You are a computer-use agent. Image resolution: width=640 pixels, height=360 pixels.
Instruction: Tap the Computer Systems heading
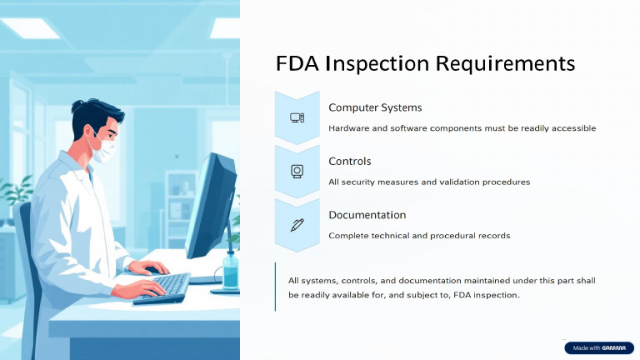(375, 107)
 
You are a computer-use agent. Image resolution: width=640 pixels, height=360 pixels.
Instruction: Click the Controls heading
(350, 161)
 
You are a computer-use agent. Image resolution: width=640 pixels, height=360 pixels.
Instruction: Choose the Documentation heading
(367, 215)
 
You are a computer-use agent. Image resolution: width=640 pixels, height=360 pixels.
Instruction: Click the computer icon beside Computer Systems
(297, 117)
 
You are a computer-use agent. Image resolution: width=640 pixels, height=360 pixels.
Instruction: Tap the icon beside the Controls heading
(297, 171)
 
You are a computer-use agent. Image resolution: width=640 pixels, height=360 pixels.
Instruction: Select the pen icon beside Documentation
(297, 224)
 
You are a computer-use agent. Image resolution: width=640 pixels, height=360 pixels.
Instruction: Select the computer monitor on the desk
(208, 208)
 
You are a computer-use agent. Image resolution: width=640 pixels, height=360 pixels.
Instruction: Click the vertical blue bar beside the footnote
(275, 287)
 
